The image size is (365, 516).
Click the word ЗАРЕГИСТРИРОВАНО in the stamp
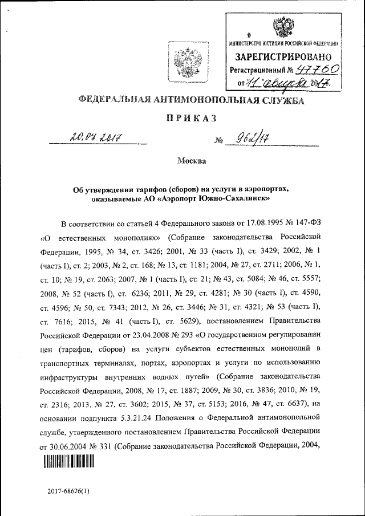click(x=283, y=56)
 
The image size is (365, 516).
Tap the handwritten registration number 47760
click(x=320, y=70)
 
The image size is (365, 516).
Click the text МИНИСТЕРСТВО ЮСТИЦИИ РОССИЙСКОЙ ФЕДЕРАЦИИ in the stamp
click(x=283, y=43)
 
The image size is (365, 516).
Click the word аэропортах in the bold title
click(x=265, y=189)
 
